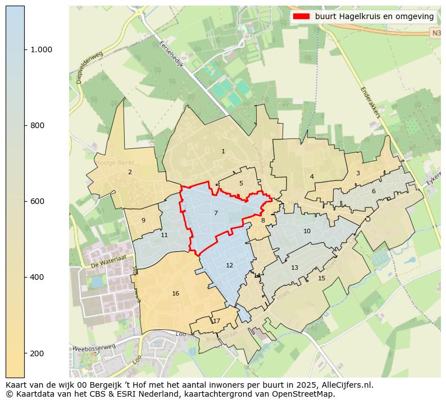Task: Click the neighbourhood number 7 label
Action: tap(216, 213)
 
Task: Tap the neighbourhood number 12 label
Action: tap(229, 265)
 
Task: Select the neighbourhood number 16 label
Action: tap(176, 293)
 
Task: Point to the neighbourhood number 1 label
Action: tap(223, 151)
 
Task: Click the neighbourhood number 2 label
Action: tap(130, 172)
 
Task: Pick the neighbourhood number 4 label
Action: tap(312, 176)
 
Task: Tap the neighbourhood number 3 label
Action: tap(358, 173)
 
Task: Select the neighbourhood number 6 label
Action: tap(374, 191)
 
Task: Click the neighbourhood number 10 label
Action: tap(307, 231)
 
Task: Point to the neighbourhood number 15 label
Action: tap(321, 278)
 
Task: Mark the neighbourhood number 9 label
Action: tap(143, 220)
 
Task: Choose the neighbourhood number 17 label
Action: tap(216, 321)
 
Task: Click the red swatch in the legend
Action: tap(301, 16)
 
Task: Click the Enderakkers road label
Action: tap(371, 103)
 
